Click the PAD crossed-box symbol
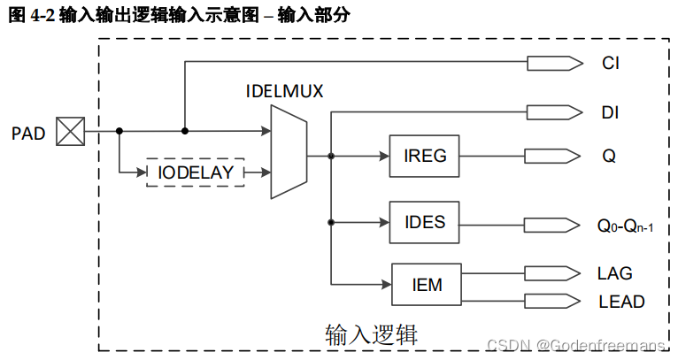[x=69, y=132]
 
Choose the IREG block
[x=425, y=157]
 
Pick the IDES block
[x=425, y=221]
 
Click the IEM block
[x=427, y=285]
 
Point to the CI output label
[x=611, y=64]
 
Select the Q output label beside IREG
[x=609, y=157]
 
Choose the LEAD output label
[x=621, y=301]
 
